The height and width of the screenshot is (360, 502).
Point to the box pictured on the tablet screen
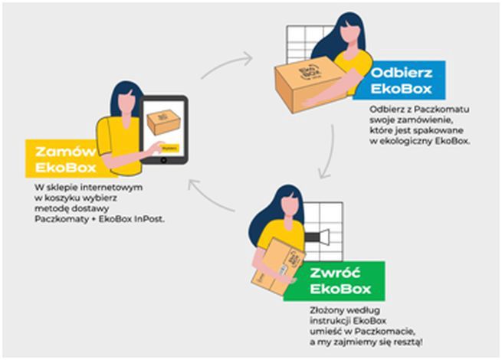pyautogui.click(x=162, y=121)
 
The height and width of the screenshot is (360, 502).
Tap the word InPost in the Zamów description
pyautogui.click(x=148, y=218)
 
